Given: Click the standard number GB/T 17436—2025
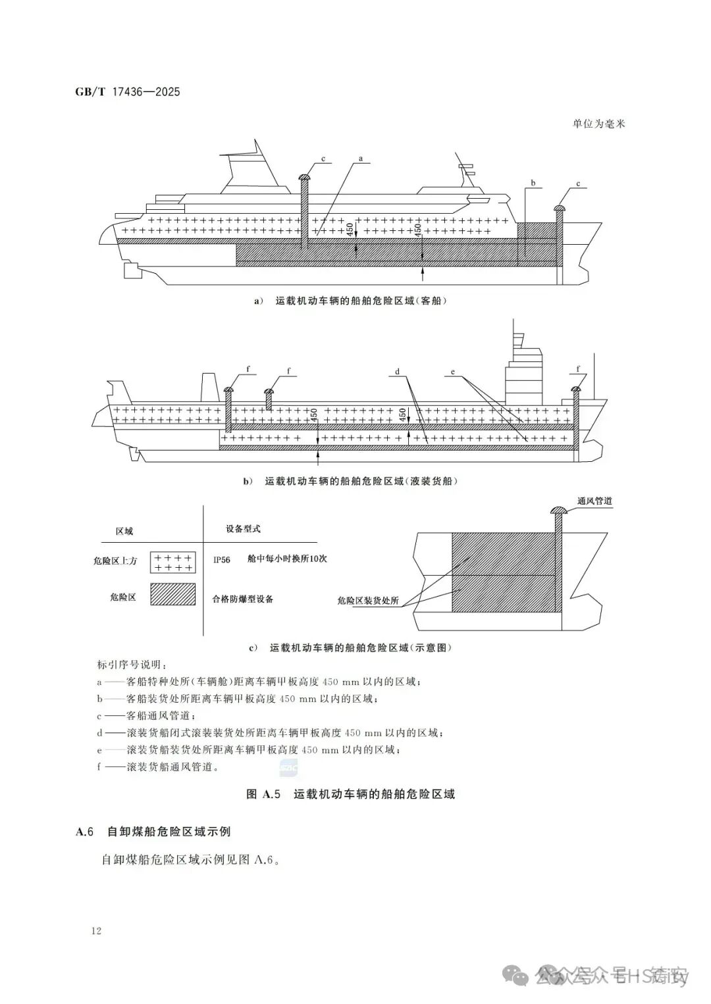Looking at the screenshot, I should tap(128, 92).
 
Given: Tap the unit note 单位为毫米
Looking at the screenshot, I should tap(598, 124).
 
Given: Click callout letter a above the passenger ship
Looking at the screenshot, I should tap(361, 159).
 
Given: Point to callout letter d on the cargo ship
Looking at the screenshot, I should tap(398, 372).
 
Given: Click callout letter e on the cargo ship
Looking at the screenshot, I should tap(453, 372).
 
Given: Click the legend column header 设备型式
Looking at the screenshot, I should tap(243, 528).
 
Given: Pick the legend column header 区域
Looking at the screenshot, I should tap(124, 531).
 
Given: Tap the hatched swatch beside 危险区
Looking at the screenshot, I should tap(173, 594).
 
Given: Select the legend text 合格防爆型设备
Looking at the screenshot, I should tap(242, 599).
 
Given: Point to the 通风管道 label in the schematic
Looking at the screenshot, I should tap(594, 501).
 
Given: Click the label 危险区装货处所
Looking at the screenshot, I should tap(367, 601).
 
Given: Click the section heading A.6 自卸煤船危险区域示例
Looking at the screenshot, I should tap(153, 832).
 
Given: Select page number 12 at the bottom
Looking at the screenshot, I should tap(96, 930).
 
